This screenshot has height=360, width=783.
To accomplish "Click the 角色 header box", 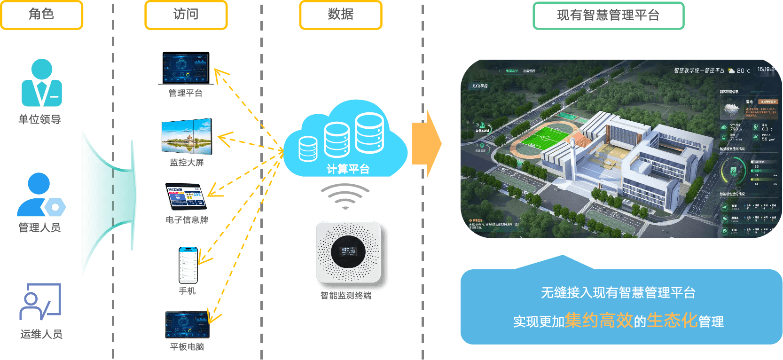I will point(42,15).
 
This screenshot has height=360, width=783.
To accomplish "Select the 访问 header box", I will point(186,15).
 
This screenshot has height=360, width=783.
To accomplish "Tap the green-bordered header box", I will point(608,16).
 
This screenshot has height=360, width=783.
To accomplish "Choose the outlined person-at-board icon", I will point(40,301).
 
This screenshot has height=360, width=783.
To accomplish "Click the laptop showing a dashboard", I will point(186,69).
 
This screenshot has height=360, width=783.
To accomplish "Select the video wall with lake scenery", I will point(187,137).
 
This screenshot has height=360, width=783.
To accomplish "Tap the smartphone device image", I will point(188,265).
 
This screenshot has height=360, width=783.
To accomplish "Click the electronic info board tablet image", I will point(187,196).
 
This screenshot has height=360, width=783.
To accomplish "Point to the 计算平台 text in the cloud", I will point(348,169).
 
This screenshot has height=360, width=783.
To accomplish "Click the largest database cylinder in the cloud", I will point(369,133).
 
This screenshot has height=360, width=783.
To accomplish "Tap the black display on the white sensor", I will point(348,251).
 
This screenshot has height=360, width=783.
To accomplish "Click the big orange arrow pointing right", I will point(426,144).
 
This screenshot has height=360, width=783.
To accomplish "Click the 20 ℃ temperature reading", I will point(743,70).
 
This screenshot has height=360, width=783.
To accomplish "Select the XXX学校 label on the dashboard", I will point(480,86).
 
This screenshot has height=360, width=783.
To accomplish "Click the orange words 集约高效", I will point(599,321).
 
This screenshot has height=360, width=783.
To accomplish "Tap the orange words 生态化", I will point(672,321).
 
